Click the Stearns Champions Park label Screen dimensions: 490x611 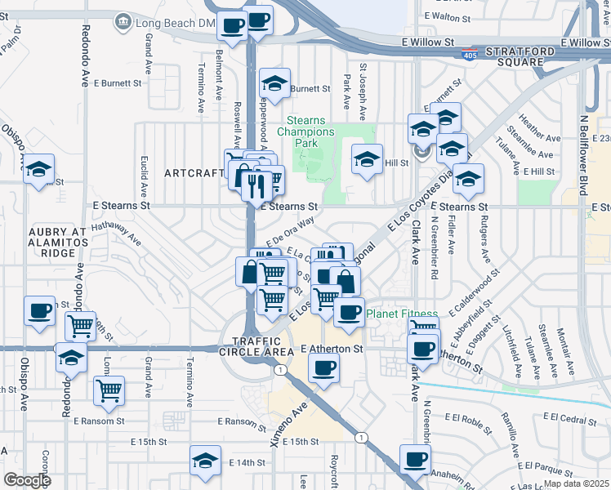[305, 131]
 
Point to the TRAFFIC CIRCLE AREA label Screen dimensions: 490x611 [256, 345]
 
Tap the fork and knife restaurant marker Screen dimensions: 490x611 [256, 185]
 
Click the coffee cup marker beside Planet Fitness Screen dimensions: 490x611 [350, 312]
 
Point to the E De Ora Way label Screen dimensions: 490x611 [290, 226]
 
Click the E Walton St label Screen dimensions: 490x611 [453, 16]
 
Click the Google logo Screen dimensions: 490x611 [27, 479]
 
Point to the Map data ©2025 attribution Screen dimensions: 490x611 [576, 483]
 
